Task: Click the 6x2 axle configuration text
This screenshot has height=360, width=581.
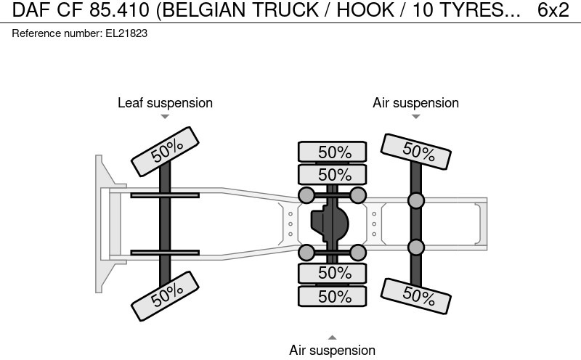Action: [553, 10]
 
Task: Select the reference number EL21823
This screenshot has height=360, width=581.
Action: [80, 34]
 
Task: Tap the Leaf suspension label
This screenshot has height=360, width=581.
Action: [165, 103]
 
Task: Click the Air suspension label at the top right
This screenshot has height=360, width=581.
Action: [415, 103]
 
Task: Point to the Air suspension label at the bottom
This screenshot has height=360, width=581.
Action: [332, 351]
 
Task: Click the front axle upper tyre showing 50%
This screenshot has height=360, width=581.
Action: [166, 151]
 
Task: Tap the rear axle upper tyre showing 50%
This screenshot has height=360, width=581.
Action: [418, 152]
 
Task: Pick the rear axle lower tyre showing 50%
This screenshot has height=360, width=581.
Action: [418, 295]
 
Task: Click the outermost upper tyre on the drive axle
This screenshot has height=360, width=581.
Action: [333, 152]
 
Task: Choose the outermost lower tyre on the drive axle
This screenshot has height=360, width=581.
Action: [333, 296]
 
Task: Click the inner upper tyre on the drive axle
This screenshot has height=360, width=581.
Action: [333, 174]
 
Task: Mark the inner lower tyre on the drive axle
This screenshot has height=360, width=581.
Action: [333, 273]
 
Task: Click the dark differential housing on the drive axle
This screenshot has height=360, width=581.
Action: [331, 224]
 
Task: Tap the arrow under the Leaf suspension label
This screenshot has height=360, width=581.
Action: [165, 117]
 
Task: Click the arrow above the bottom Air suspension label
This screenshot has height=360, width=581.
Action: [332, 337]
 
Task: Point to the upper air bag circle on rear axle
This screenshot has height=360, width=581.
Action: [415, 200]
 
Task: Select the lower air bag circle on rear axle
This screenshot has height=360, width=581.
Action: [415, 247]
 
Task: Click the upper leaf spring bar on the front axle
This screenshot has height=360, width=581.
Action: [166, 195]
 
